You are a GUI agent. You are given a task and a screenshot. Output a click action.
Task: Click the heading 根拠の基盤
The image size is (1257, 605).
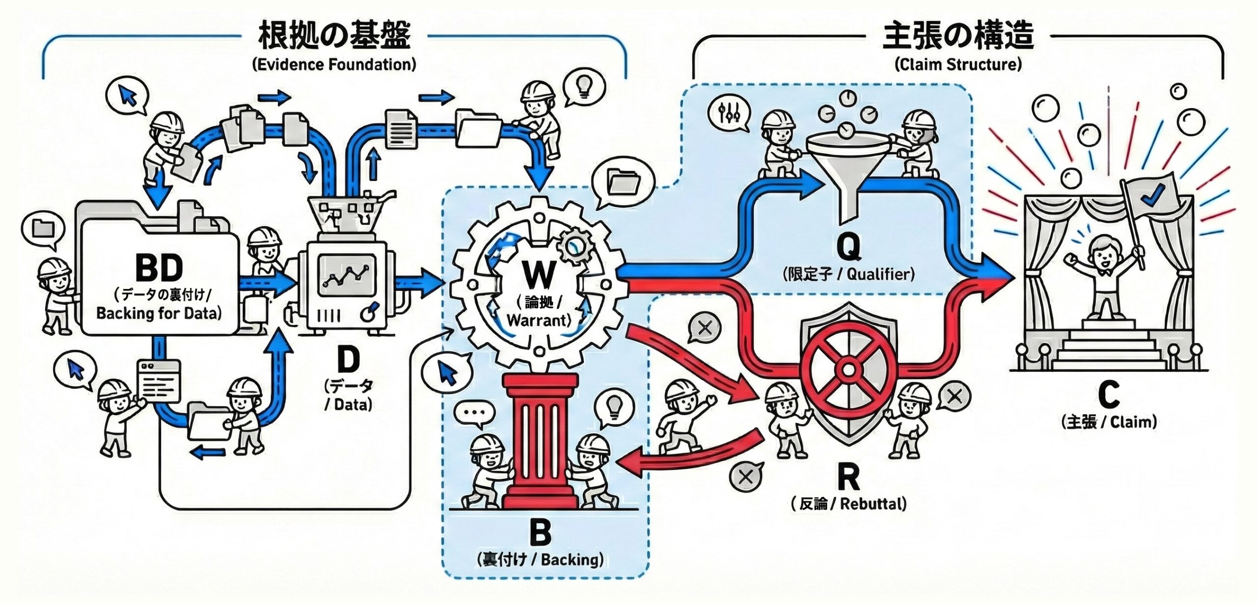pos(334,35)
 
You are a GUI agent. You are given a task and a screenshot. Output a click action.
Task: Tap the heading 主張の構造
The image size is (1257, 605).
pos(958,35)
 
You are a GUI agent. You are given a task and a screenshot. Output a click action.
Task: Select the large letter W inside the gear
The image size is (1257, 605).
pos(539,275)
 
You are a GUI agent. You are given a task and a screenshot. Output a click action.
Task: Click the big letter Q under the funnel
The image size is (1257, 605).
pos(848,247)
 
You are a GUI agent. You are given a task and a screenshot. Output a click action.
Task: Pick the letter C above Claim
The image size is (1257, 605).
pos(1108,395)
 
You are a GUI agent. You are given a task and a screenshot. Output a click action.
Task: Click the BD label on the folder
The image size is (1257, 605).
pos(159,268)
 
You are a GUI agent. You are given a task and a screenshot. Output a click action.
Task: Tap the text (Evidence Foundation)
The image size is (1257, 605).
pos(334,64)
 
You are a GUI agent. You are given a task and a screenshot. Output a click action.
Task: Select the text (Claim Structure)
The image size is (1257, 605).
pos(958,64)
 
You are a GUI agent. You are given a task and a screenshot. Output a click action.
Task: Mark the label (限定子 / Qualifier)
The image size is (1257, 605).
pos(848,274)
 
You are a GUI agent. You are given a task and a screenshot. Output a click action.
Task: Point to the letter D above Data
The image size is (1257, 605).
pos(348,361)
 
